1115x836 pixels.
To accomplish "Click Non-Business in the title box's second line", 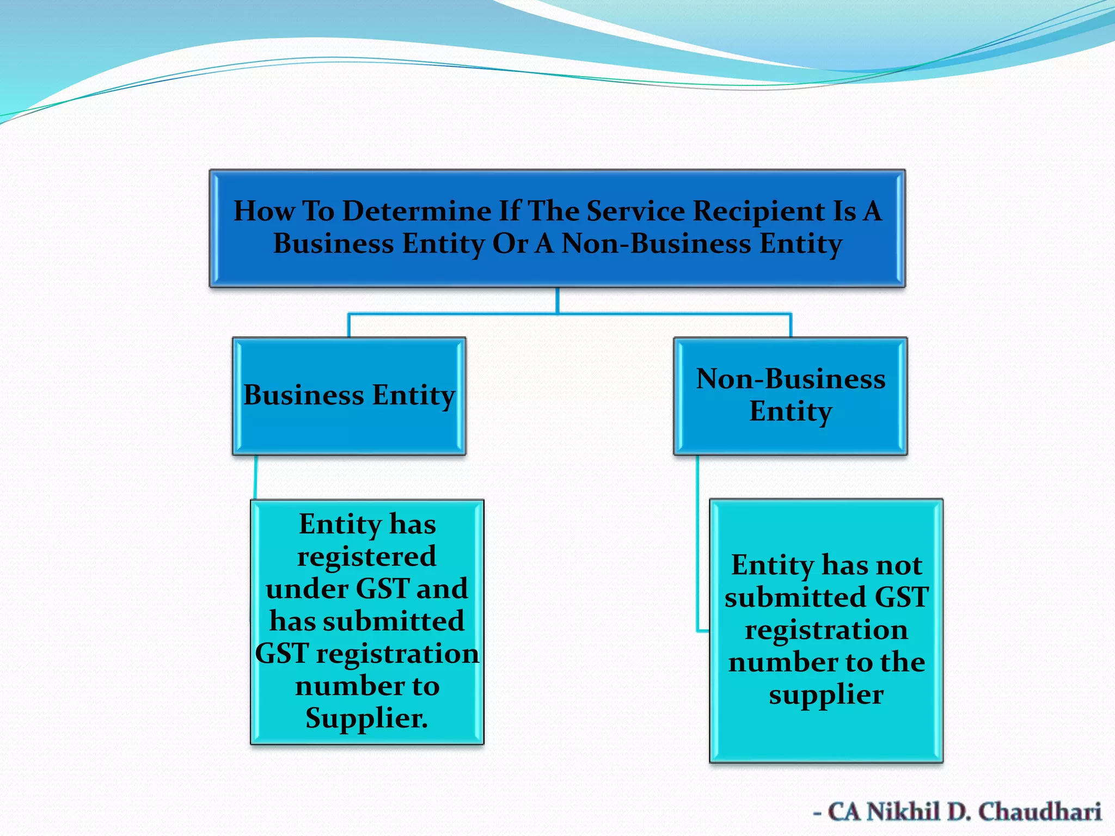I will tap(656, 244).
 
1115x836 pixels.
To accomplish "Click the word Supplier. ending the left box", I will tap(366, 718).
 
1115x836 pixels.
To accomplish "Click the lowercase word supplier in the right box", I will tap(826, 695).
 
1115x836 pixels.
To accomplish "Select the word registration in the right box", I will tap(826, 630).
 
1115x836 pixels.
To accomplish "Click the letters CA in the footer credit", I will tap(844, 812).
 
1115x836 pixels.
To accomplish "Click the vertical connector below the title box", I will tap(557, 300).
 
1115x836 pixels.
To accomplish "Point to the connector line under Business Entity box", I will tap(256, 477).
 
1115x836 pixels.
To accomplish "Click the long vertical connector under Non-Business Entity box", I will tap(698, 544).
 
